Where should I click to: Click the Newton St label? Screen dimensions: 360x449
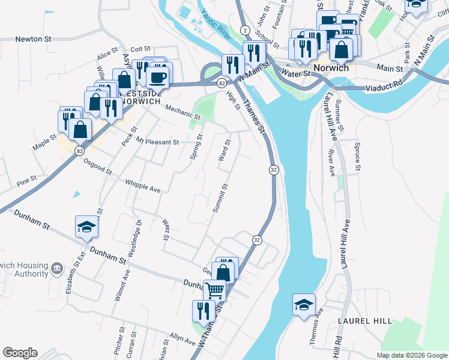tap(34, 39)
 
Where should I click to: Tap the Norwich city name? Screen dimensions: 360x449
tap(331, 68)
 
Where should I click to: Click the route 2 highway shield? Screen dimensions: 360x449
tap(245, 29)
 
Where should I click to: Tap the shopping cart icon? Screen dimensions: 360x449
tap(215, 290)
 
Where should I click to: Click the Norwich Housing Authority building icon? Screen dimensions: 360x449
tap(56, 267)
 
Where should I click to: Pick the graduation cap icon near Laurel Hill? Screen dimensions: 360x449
tap(304, 304)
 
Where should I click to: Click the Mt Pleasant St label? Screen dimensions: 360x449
tap(157, 142)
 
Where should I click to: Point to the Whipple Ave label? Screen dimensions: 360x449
tap(143, 186)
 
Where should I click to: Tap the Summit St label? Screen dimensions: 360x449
tap(220, 199)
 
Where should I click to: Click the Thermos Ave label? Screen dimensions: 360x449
tap(316, 327)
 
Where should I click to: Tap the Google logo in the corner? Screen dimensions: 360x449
tap(20, 353)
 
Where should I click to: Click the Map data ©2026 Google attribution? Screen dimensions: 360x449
tap(411, 355)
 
